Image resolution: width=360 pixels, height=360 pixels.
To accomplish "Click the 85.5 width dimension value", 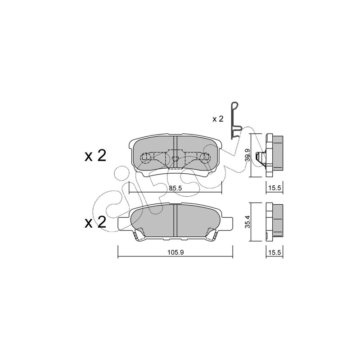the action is (x=175, y=188).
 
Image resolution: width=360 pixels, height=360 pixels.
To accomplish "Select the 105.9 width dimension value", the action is (x=175, y=252).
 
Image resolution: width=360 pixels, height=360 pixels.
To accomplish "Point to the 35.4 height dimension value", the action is (x=247, y=222).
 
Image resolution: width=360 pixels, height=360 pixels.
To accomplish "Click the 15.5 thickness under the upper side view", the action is (x=274, y=188).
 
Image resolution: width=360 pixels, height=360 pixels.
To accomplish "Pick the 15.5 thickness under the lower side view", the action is (x=274, y=252).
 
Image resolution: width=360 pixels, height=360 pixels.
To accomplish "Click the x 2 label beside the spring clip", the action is (x=218, y=119).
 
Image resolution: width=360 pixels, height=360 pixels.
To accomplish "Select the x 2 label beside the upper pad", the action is (x=95, y=156).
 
